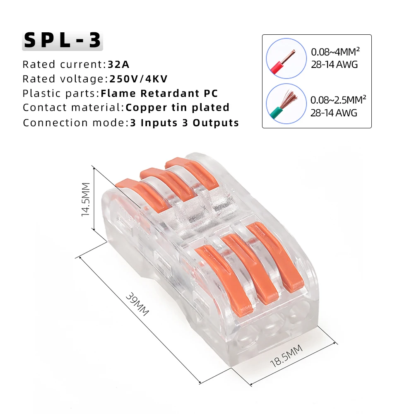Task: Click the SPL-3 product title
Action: click(x=63, y=40)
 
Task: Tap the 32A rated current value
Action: click(x=119, y=64)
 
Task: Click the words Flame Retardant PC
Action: click(x=159, y=93)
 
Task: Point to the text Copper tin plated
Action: click(x=178, y=108)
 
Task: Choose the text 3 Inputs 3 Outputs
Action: click(x=184, y=123)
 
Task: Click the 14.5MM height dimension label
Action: click(x=86, y=199)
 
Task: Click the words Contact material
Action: click(x=72, y=108)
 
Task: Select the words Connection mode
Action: click(x=73, y=123)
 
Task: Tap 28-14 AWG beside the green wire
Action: click(x=334, y=113)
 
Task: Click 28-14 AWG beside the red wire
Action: click(x=334, y=65)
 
